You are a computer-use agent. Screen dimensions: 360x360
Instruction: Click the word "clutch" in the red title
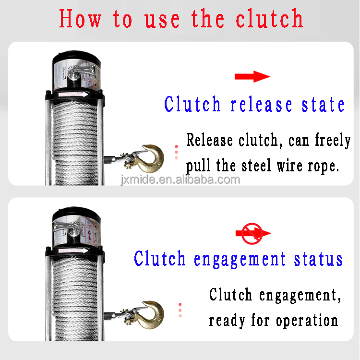click(x=270, y=18)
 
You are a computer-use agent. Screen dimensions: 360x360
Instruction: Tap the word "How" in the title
click(x=80, y=18)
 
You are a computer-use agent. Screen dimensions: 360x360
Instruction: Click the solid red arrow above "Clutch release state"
click(x=252, y=76)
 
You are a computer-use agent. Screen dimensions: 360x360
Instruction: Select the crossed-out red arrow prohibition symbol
click(x=252, y=233)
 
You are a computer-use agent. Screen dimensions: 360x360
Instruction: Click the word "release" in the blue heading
click(x=261, y=105)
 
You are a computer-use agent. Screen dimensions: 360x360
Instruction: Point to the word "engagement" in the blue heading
click(x=240, y=259)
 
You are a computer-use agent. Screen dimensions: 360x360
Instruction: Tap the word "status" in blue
click(x=318, y=259)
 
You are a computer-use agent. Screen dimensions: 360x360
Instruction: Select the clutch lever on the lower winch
click(x=67, y=228)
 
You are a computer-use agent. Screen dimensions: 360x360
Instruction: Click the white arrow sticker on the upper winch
click(x=73, y=95)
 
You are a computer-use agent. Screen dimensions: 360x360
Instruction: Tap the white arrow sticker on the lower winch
click(x=73, y=251)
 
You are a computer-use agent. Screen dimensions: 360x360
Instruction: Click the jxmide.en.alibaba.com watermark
click(x=180, y=180)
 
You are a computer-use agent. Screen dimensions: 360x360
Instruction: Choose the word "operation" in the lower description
click(x=307, y=321)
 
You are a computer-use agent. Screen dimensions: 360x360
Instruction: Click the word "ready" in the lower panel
click(x=227, y=321)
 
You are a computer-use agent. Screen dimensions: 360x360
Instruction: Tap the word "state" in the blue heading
click(x=323, y=105)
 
